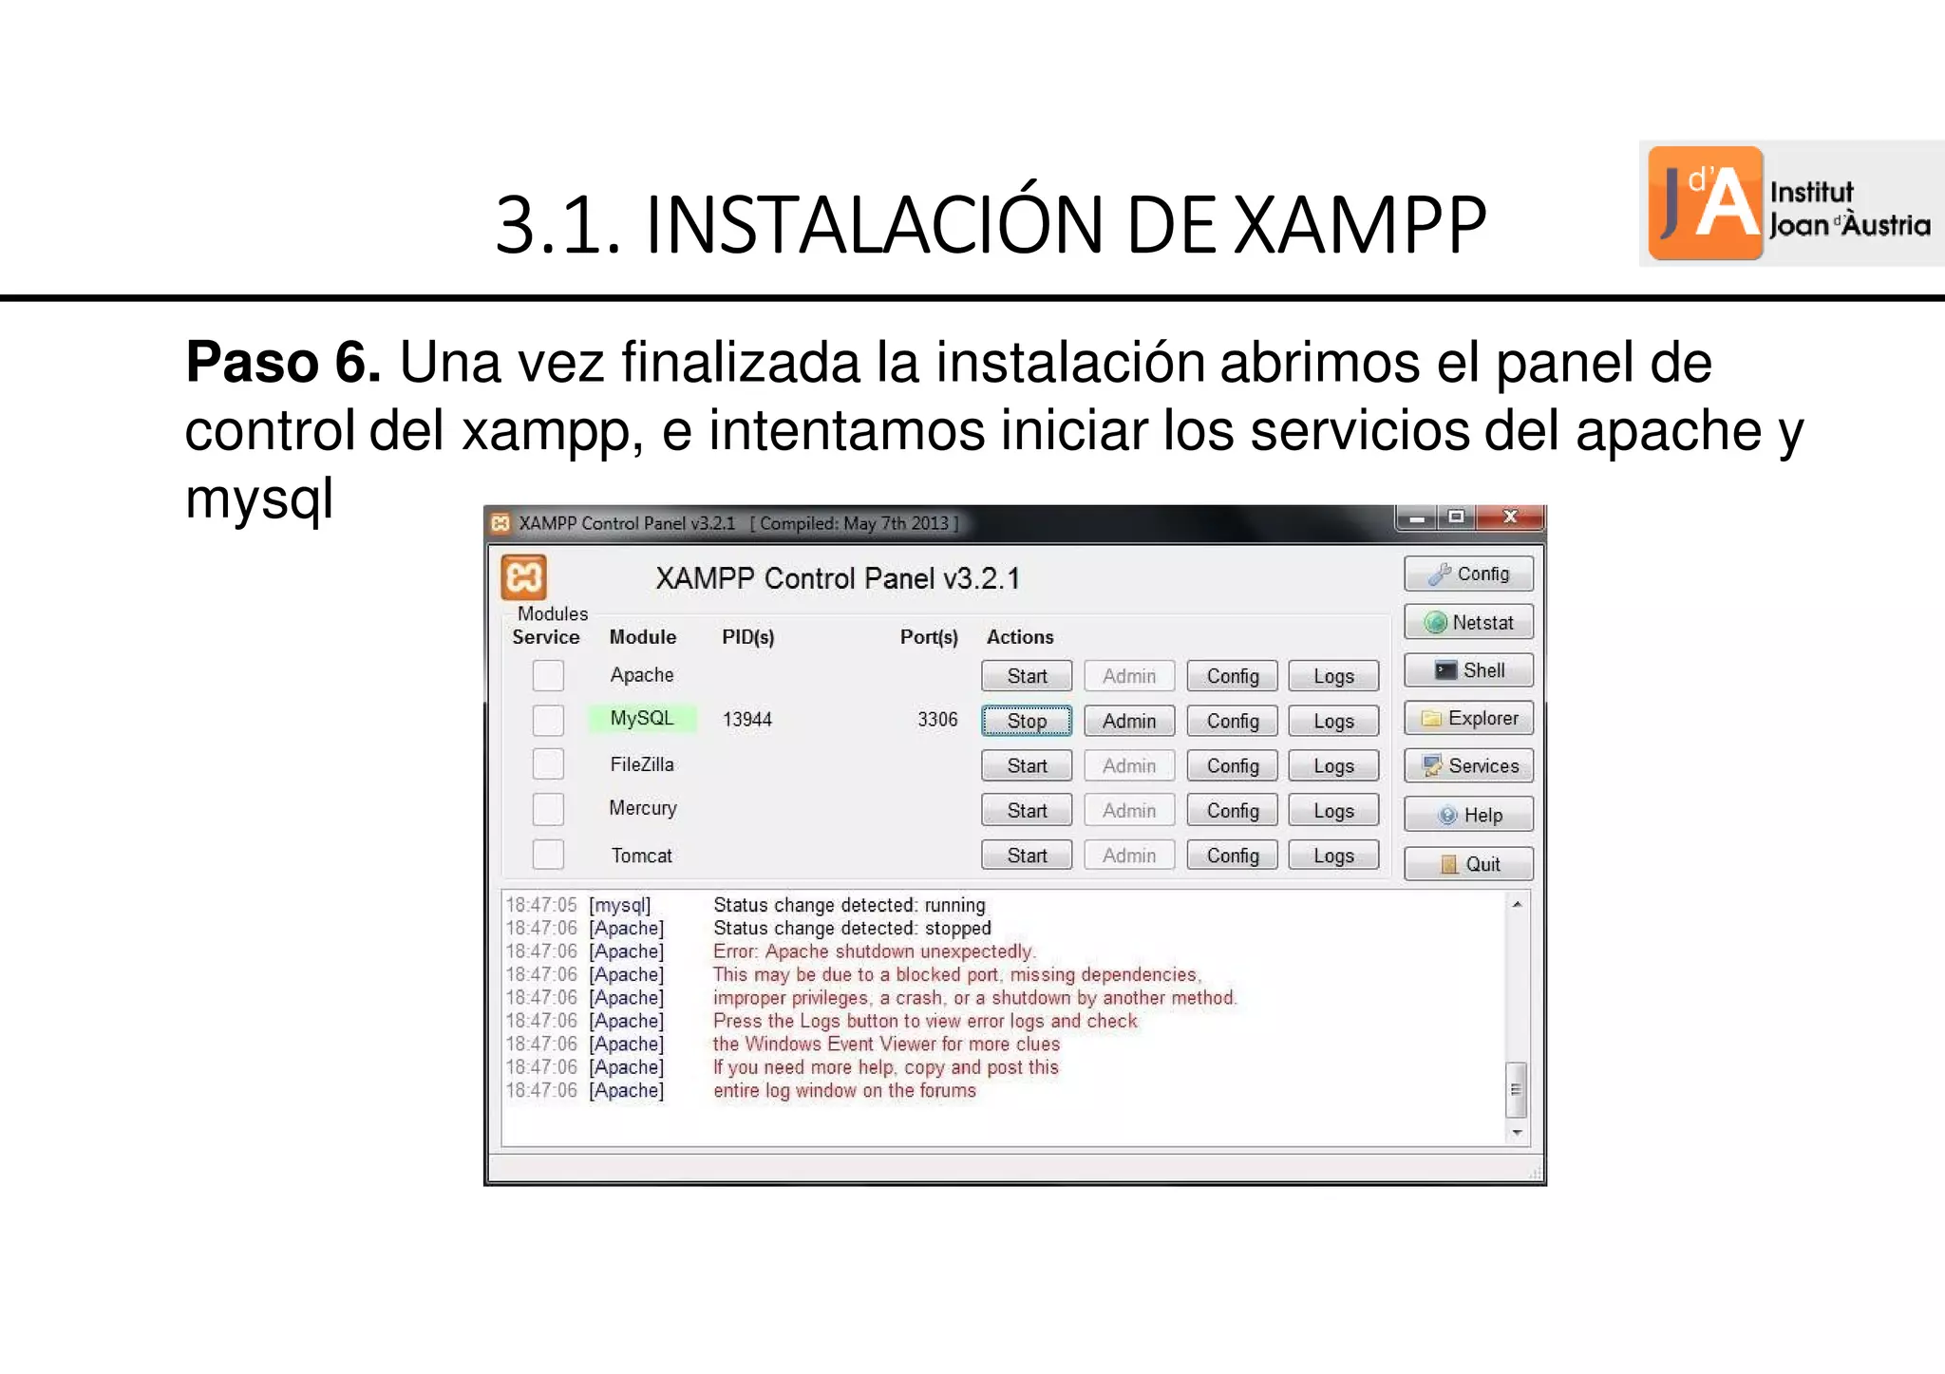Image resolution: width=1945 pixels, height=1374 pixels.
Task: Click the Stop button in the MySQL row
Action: click(1026, 721)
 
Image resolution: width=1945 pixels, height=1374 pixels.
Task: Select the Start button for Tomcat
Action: click(1026, 856)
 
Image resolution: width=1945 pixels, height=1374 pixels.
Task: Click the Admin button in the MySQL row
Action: click(1128, 721)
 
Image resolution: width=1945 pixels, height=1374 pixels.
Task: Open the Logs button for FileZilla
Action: click(1333, 765)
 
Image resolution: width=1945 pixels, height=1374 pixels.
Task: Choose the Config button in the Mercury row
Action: click(1232, 810)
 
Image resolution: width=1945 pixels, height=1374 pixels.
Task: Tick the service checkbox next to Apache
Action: click(548, 675)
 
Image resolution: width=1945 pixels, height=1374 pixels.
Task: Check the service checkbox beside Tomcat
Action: click(548, 855)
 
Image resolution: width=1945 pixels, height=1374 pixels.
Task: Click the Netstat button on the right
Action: click(1468, 622)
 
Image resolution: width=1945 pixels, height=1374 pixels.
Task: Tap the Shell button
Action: click(1468, 670)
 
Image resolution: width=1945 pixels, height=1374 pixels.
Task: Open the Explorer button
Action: click(1468, 718)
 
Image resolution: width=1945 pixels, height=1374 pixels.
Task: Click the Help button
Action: click(1468, 815)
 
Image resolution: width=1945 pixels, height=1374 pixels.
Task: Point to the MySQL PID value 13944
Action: click(746, 720)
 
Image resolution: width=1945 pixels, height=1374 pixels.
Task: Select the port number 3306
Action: click(936, 720)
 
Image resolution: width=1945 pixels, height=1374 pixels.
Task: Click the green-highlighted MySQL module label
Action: click(642, 718)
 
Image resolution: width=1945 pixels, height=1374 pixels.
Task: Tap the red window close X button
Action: click(1510, 518)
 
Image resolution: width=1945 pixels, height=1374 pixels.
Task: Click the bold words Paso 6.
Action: click(282, 362)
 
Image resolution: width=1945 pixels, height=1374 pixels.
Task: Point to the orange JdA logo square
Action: click(1705, 203)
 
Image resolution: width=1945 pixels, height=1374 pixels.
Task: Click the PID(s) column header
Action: click(747, 637)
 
